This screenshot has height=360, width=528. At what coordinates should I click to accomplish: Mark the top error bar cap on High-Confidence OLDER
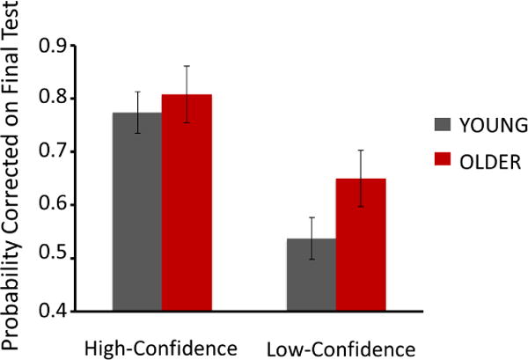point(187,66)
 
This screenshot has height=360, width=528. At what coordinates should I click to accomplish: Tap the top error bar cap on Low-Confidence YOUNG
point(311,217)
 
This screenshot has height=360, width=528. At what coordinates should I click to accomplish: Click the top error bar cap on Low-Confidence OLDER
point(361,151)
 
